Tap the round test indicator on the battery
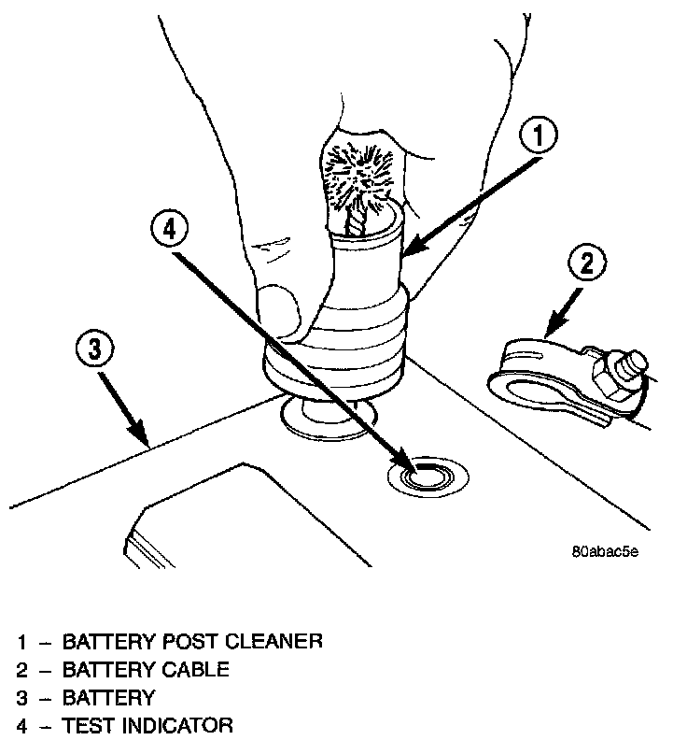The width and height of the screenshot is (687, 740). click(x=425, y=477)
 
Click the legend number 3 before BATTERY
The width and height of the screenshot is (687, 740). click(x=21, y=698)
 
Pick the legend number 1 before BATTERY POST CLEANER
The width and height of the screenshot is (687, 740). click(x=21, y=642)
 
